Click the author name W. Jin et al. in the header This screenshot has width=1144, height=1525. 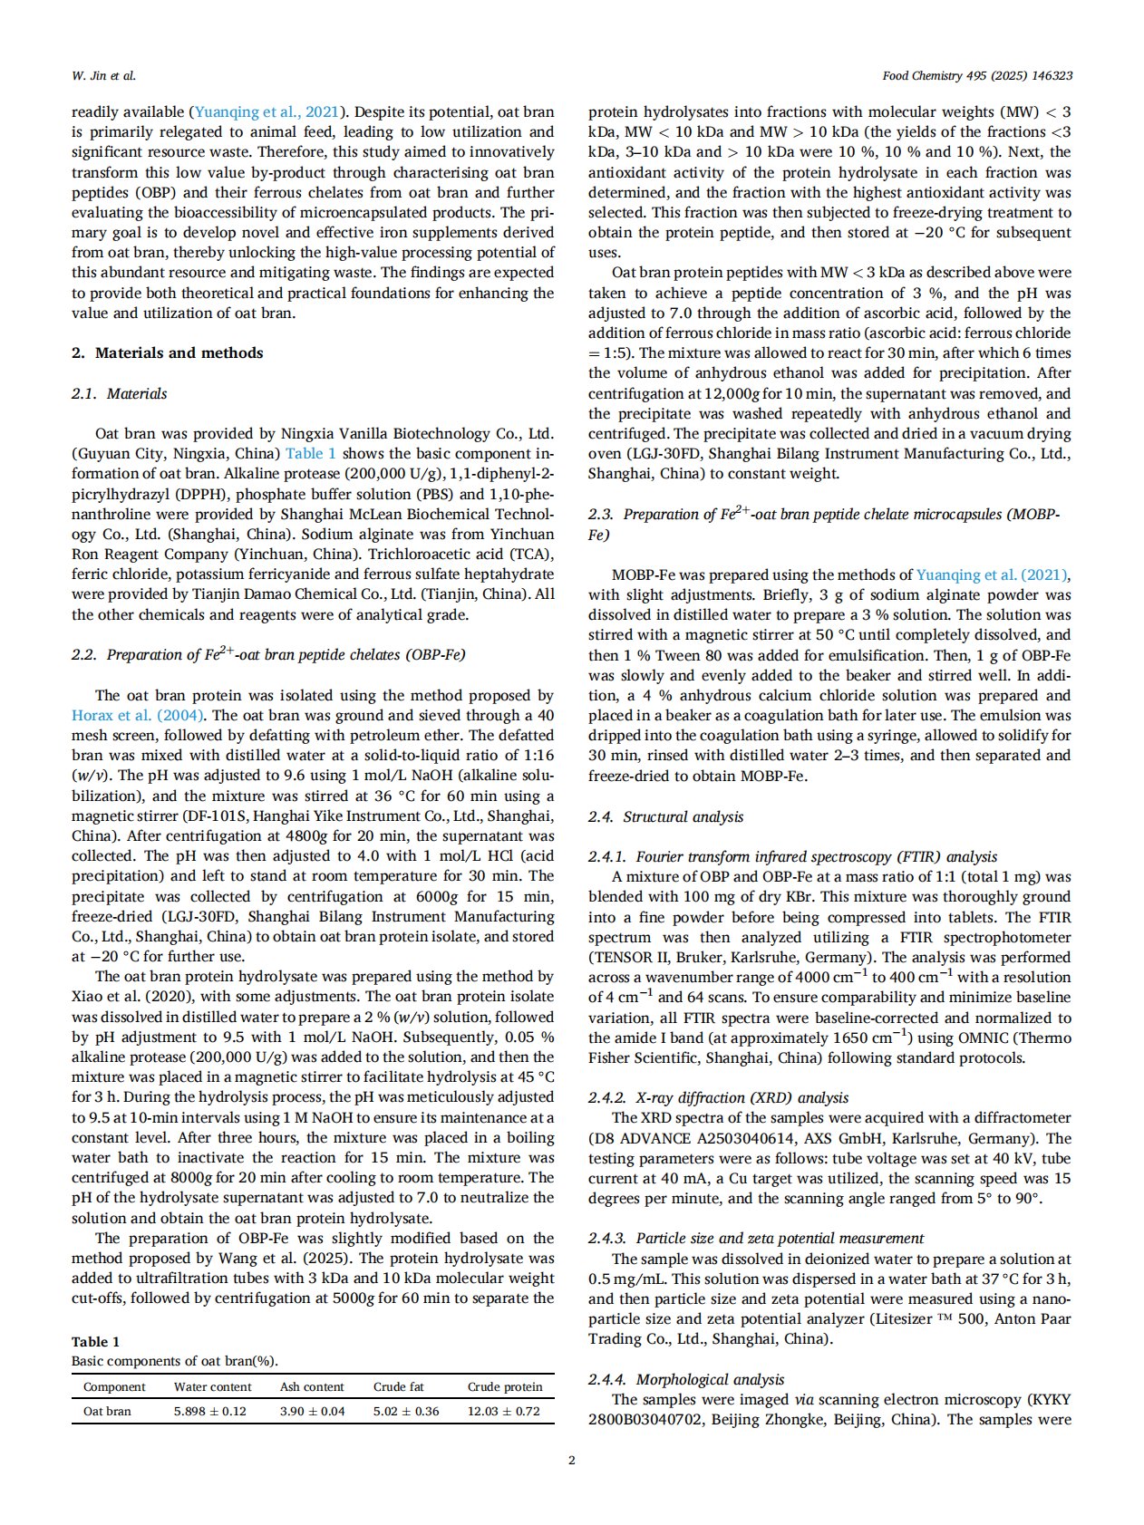(103, 75)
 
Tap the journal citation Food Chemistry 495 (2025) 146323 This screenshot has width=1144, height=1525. (976, 75)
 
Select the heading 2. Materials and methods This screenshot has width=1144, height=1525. (167, 352)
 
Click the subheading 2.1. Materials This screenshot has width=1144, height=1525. (119, 393)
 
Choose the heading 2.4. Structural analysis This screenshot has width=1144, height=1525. (665, 816)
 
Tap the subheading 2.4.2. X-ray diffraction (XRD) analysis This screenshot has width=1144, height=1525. (718, 1097)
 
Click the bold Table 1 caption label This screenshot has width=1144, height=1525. (95, 1341)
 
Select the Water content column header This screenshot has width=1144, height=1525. (213, 1386)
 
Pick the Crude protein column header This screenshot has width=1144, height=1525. (504, 1386)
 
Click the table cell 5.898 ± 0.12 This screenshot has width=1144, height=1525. (209, 1411)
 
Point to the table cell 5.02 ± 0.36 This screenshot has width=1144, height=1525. (406, 1411)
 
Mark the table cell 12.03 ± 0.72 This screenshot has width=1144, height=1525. (503, 1411)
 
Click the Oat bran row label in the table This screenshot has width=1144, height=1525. (107, 1411)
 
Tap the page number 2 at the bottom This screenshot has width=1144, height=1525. (571, 1459)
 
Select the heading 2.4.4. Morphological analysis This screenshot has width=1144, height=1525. (686, 1379)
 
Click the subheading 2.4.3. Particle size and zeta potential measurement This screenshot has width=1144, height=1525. (756, 1238)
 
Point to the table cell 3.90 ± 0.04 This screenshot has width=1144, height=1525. (312, 1411)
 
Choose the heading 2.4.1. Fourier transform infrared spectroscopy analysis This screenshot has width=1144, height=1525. (792, 856)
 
